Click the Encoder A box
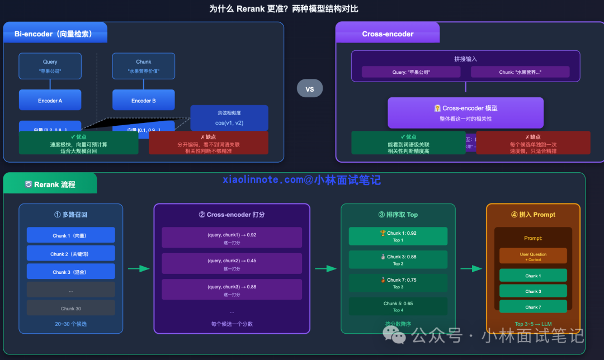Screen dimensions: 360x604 [x=50, y=101]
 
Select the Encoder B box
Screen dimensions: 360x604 [x=144, y=101]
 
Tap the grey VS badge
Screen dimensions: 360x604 [x=310, y=89]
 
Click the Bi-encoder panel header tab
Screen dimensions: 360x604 [x=55, y=34]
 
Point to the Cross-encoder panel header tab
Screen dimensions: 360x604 [x=388, y=34]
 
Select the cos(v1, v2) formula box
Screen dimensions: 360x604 [x=229, y=117]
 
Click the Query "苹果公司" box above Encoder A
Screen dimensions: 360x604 [x=50, y=66]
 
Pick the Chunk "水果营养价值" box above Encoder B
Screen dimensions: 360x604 [x=144, y=66]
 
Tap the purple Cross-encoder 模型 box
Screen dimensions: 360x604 [x=465, y=113]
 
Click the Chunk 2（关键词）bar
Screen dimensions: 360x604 [x=70, y=254]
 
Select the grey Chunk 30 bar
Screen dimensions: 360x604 [x=70, y=308]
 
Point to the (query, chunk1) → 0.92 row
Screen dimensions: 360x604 [x=232, y=238]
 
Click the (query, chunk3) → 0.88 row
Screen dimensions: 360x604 [x=232, y=290]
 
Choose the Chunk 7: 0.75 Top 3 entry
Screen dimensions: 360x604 [x=398, y=283]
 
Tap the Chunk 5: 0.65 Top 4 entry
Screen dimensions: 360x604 [x=398, y=306]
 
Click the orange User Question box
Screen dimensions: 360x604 [x=533, y=256]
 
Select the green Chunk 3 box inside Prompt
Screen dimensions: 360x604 [x=533, y=291]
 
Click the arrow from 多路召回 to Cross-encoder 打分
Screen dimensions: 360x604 [x=139, y=269]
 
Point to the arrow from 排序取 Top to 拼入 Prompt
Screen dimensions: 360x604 [x=471, y=269]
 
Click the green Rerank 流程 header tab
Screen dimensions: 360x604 [x=50, y=184]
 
